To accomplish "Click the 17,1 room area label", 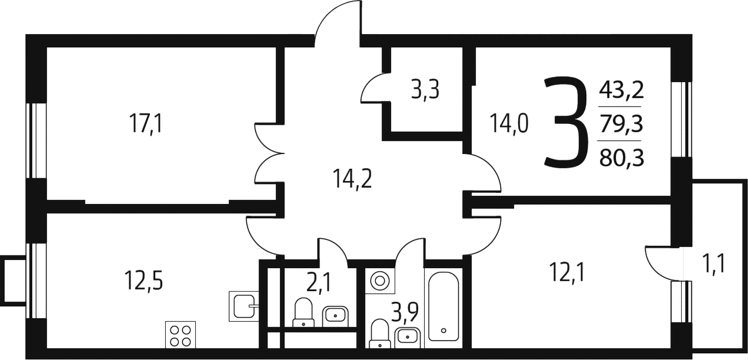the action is point(146,124).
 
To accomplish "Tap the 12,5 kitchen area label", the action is point(144,281).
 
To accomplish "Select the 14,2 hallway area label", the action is point(352,179).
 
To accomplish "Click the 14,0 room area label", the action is point(509,124).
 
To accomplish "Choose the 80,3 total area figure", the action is point(622,158).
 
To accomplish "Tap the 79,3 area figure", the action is point(622,124).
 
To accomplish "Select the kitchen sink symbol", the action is point(244,306).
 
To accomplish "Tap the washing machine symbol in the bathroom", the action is point(380,280).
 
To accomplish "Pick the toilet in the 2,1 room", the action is point(303,312).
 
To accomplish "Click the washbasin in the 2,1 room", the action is point(336,316).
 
